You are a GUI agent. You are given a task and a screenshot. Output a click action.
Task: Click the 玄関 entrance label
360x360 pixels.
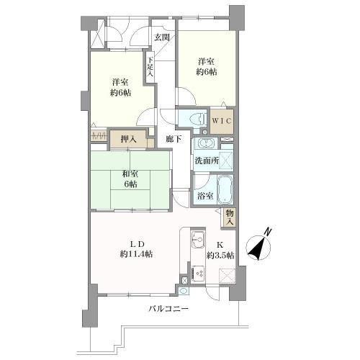click(162, 37)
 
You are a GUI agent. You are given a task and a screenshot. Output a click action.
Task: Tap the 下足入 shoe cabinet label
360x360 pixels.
click(150, 66)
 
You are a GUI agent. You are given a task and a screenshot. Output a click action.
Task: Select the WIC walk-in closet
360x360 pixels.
click(222, 122)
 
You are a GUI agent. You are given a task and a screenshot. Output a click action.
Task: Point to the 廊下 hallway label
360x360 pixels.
click(174, 139)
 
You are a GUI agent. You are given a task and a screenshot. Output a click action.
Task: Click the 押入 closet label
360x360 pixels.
click(129, 139)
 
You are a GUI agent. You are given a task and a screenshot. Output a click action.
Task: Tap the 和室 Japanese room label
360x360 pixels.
click(131, 174)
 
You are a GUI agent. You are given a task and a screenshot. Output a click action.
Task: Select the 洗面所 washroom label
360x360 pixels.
click(207, 161)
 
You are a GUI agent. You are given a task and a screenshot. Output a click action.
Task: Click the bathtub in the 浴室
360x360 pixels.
click(225, 189)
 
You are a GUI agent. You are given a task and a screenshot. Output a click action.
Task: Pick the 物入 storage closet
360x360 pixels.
click(229, 218)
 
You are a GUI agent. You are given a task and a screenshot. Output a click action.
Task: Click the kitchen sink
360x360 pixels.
click(198, 240)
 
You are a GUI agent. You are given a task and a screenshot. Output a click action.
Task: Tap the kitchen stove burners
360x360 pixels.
click(198, 273)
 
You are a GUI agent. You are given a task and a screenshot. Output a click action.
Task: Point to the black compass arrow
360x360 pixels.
click(256, 250)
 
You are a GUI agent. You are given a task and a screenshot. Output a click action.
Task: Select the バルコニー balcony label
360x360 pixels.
click(168, 309)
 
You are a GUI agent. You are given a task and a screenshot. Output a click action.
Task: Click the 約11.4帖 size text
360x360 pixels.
click(136, 254)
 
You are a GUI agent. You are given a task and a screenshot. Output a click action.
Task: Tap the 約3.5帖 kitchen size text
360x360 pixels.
click(221, 256)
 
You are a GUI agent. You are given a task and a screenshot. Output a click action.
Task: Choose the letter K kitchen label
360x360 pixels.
click(220, 246)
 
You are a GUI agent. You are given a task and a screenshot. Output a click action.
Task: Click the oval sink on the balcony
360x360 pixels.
click(184, 291)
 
